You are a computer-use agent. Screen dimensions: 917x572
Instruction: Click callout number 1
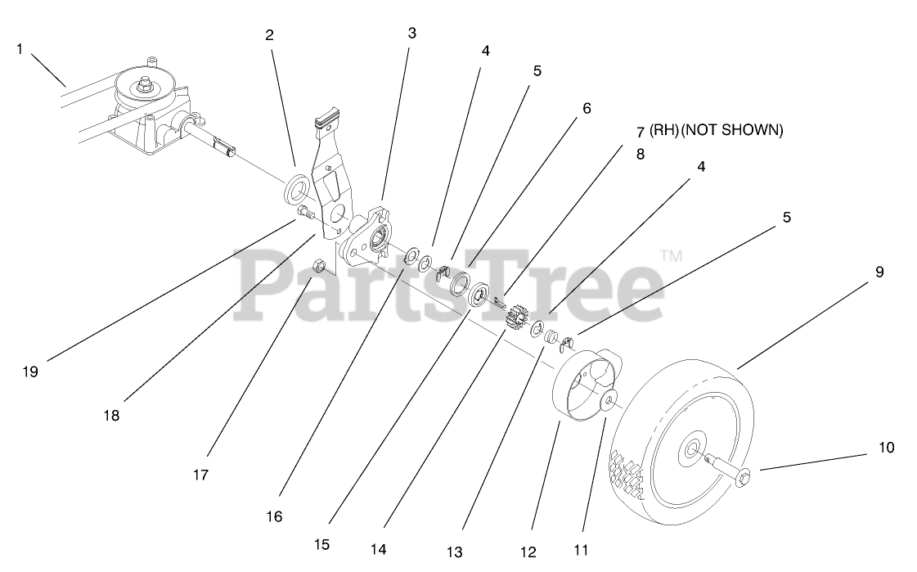20,49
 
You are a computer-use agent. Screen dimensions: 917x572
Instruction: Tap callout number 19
30,372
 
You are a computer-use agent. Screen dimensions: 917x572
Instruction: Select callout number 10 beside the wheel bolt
887,448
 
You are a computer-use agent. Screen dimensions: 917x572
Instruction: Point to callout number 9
879,272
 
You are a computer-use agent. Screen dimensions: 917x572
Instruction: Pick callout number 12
528,552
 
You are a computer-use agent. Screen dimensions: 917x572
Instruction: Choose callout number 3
411,33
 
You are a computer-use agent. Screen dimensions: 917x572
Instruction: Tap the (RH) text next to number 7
663,129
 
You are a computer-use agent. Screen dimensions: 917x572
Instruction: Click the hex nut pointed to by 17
321,264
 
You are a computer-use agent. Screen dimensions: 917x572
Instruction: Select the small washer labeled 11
609,403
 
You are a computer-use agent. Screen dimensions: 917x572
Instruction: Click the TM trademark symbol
670,255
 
